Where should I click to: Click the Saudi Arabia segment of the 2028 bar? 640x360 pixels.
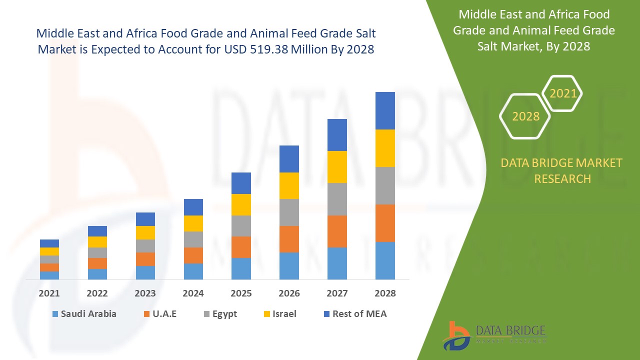pyautogui.click(x=385, y=260)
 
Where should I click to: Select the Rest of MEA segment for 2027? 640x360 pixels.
pyautogui.click(x=337, y=135)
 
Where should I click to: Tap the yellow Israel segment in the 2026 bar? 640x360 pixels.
pyautogui.click(x=289, y=185)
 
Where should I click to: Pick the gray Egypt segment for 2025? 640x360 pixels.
pyautogui.click(x=241, y=226)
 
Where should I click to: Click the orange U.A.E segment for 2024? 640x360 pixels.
pyautogui.click(x=193, y=255)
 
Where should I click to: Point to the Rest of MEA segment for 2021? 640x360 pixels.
pyautogui.click(x=49, y=243)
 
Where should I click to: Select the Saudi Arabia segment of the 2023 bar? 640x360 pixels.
pyautogui.click(x=145, y=272)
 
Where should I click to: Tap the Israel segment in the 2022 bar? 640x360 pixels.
pyautogui.click(x=97, y=242)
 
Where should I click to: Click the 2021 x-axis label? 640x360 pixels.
pyautogui.click(x=49, y=293)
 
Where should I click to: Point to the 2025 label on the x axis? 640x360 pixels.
pyautogui.click(x=241, y=293)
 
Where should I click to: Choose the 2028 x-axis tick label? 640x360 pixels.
pyautogui.click(x=385, y=293)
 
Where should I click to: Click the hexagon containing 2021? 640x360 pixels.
pyautogui.click(x=562, y=93)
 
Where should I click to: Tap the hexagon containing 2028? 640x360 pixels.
pyautogui.click(x=525, y=116)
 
